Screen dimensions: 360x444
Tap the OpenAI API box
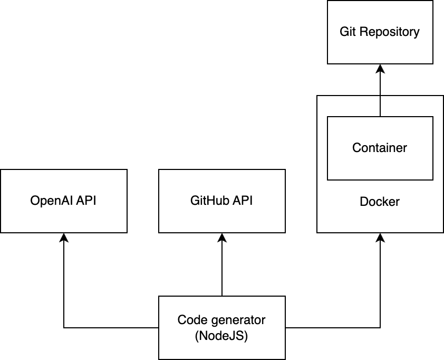click(64, 201)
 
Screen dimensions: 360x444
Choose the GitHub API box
click(221, 201)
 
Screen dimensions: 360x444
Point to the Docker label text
click(380, 202)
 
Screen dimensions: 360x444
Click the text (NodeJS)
click(221, 335)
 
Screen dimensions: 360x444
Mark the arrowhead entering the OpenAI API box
click(64, 237)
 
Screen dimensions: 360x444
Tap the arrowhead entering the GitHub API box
click(221, 237)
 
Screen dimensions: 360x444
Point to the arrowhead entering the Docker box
click(380, 237)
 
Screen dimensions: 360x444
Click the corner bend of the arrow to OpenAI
click(64, 327)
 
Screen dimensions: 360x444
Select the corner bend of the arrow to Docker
click(380, 327)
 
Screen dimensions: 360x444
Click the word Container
click(380, 148)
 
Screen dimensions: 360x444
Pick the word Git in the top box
click(348, 32)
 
